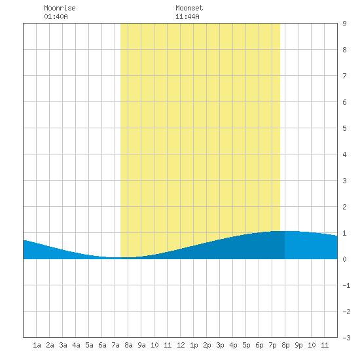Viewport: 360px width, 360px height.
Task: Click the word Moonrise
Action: pos(60,8)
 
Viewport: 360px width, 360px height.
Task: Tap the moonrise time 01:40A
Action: pos(56,16)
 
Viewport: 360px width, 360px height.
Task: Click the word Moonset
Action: pos(189,8)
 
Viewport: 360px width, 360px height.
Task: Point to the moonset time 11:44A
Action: pos(187,16)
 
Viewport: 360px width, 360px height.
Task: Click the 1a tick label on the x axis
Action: pos(37,345)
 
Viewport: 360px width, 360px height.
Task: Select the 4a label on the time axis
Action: pos(76,345)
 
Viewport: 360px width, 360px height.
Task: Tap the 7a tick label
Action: pos(115,345)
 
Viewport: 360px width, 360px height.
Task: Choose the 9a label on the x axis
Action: pos(141,345)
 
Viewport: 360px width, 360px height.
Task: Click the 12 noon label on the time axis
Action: pos(181,345)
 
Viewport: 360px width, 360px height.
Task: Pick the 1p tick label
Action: pos(194,345)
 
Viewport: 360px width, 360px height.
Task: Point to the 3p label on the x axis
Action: pos(220,345)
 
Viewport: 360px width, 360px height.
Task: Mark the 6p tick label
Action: pos(259,345)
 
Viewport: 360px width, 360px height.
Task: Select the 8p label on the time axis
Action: pos(285,345)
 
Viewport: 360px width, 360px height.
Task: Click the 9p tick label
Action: pos(298,345)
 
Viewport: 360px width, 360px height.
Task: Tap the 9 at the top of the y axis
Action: pos(344,24)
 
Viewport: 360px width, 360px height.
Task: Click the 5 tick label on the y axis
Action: pos(344,128)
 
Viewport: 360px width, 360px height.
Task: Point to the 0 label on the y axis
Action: pos(344,259)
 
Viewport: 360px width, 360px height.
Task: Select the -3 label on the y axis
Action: pos(346,338)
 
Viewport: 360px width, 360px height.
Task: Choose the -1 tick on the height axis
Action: pos(346,285)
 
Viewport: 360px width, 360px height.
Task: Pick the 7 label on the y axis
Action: pos(344,76)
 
